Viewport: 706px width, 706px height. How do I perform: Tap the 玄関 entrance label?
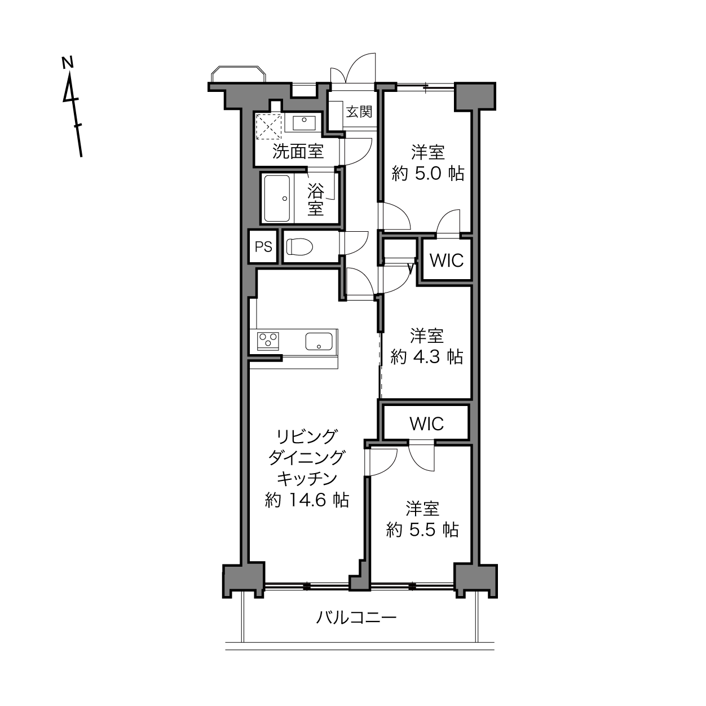tap(359, 112)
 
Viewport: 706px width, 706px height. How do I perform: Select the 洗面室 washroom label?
tap(298, 152)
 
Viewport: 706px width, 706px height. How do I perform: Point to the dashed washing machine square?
tap(269, 126)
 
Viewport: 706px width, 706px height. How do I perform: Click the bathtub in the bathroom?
tap(277, 198)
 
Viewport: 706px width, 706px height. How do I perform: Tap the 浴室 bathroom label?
tap(315, 199)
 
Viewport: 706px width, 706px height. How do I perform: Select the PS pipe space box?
tap(263, 246)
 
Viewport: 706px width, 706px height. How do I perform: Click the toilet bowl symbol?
tap(299, 246)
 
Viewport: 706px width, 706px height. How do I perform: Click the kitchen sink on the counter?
tap(319, 341)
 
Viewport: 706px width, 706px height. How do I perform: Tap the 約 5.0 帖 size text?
tap(427, 173)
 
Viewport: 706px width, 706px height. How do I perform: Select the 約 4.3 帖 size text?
tap(427, 356)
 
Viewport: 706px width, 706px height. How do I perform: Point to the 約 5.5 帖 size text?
tap(422, 529)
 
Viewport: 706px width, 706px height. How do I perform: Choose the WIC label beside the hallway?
tap(447, 261)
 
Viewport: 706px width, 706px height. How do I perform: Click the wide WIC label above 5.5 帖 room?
tap(427, 424)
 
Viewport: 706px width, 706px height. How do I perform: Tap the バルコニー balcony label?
tap(356, 618)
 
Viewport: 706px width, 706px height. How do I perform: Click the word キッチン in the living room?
tap(307, 478)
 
